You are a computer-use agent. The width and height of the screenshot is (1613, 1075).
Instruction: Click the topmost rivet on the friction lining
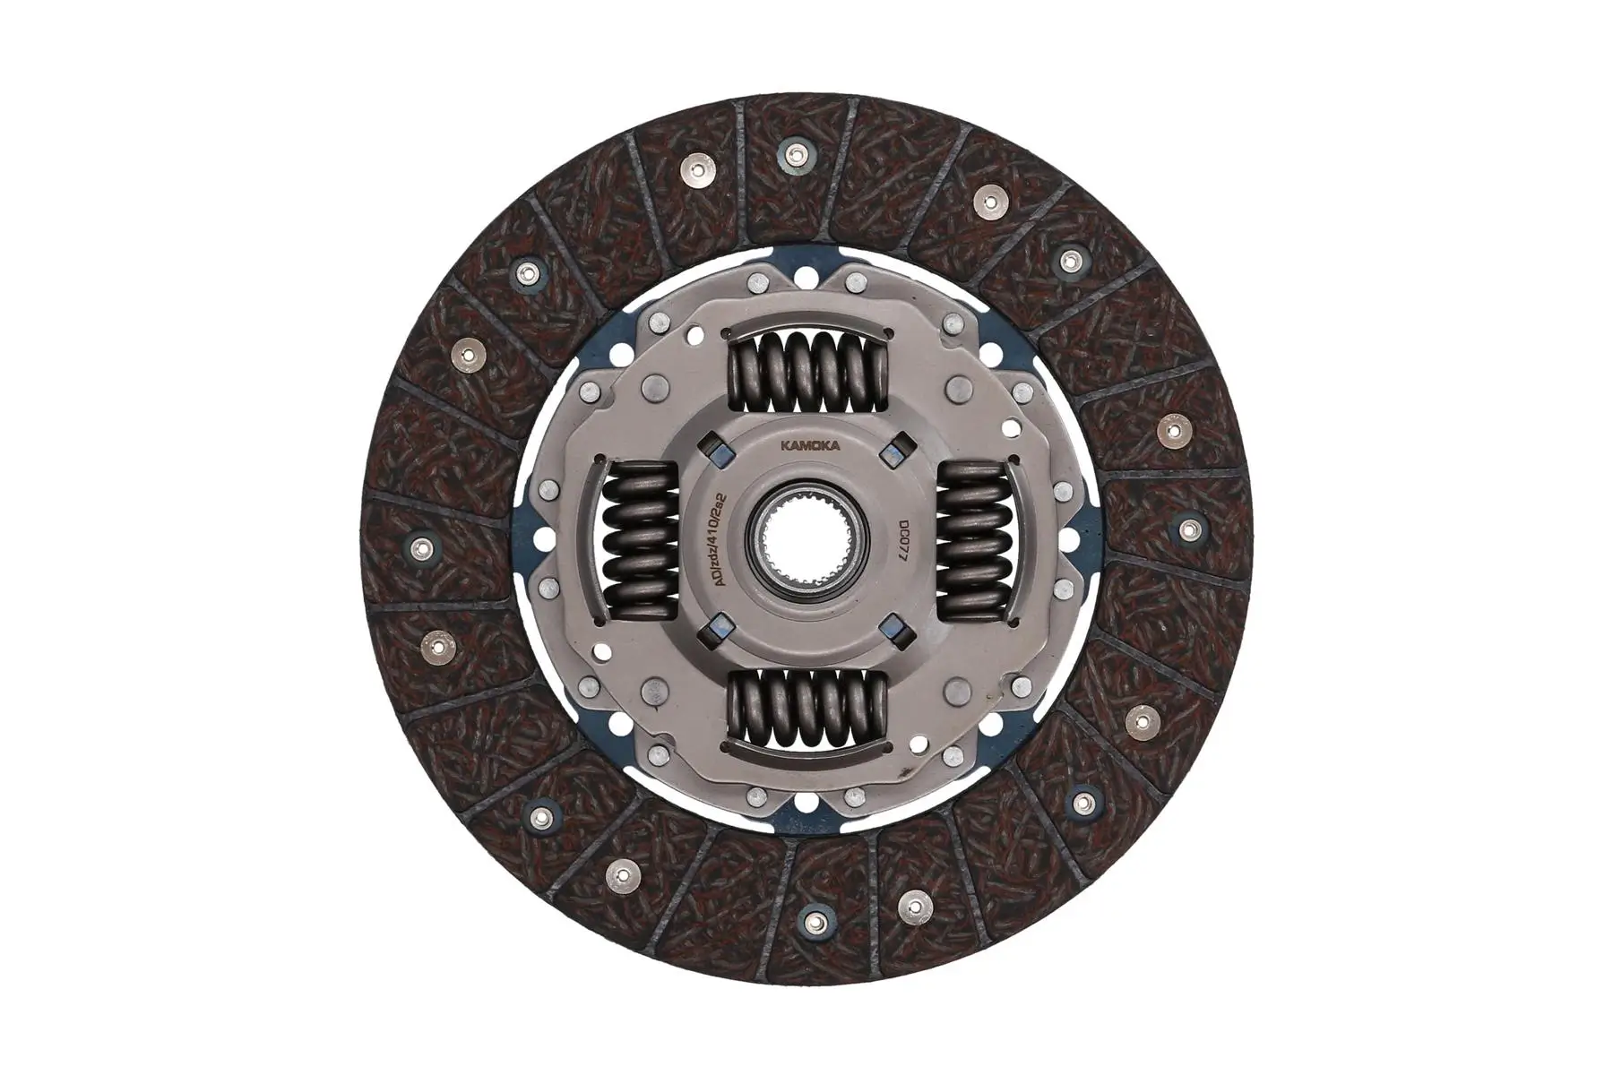794,152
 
